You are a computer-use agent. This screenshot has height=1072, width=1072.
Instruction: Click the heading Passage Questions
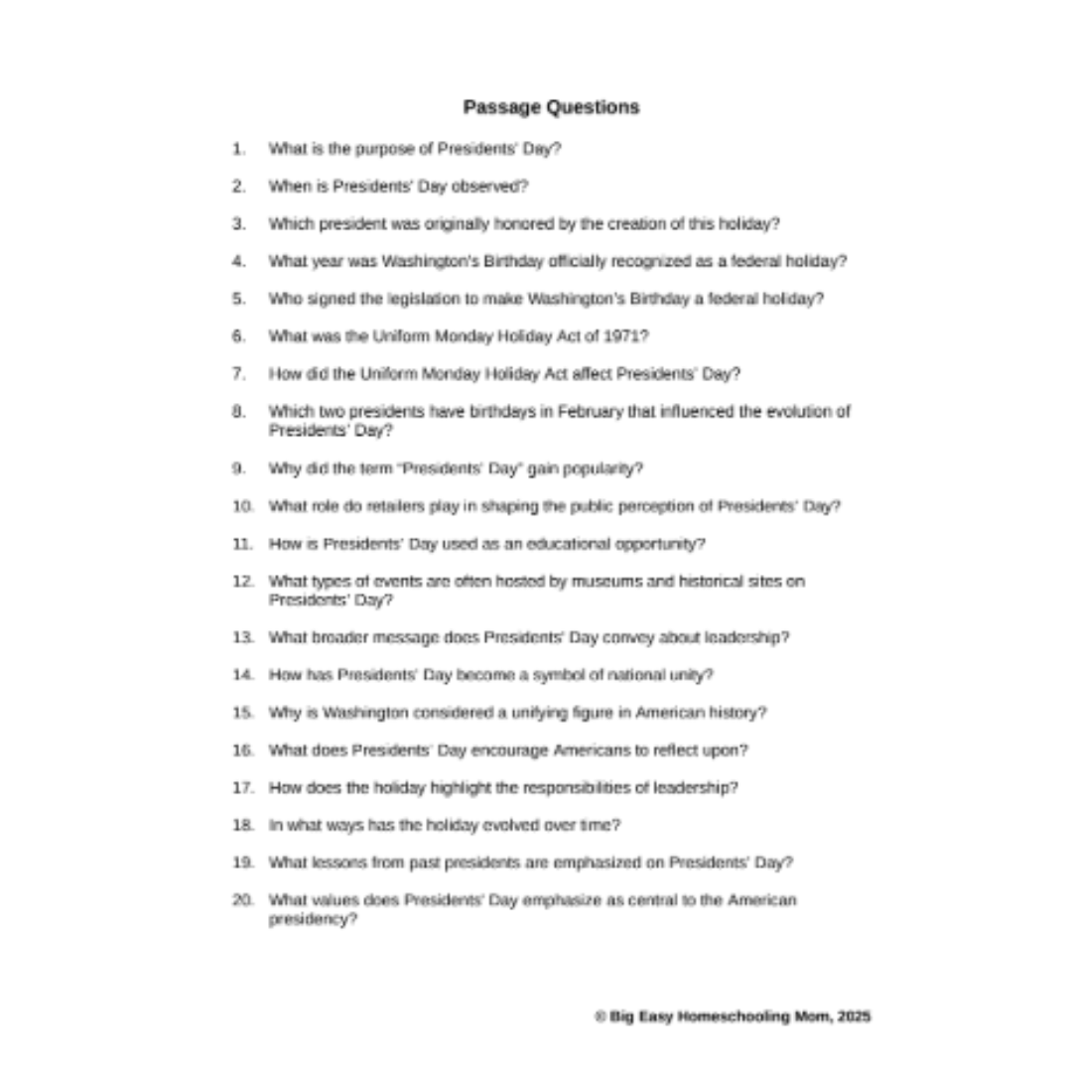coord(551,107)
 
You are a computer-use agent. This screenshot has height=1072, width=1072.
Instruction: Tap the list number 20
coord(242,900)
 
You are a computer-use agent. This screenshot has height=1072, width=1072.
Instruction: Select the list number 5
coord(239,299)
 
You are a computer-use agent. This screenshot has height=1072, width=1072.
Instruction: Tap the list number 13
coord(242,637)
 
